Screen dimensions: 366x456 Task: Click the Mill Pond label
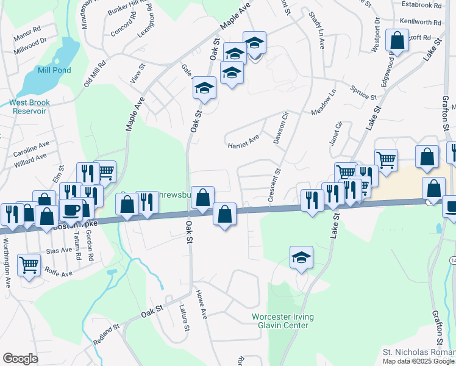click(54, 70)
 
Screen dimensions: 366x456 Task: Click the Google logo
click(20, 359)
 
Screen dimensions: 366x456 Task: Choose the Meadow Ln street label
click(324, 104)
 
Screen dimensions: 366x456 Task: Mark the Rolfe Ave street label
click(59, 273)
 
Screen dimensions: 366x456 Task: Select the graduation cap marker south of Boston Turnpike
click(301, 258)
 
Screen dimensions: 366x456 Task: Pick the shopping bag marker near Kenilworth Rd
click(397, 41)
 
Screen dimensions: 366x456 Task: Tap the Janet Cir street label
click(337, 133)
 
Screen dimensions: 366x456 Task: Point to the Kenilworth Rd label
click(421, 22)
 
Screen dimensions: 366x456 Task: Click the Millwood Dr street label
click(32, 41)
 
